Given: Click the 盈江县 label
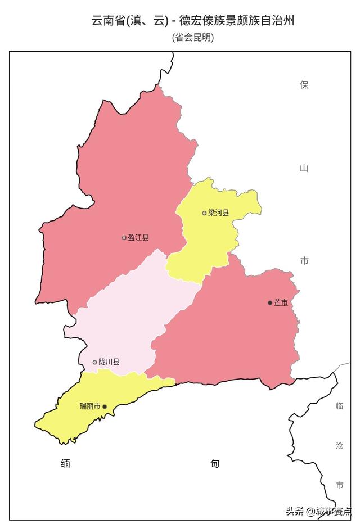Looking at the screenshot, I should coord(138,238).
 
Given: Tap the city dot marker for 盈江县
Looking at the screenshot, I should coord(124,238).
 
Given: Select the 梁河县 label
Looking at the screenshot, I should coord(219,213).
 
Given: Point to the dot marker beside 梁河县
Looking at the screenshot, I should coord(205,213).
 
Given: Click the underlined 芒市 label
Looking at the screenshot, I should coord(281,302).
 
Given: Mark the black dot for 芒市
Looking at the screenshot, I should coord(270,302).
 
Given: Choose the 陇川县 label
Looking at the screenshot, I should coord(109,362).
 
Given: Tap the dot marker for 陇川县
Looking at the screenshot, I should coord(95,362).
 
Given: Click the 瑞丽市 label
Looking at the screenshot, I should coord(90,406).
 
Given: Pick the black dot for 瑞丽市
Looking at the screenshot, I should coord(105,406).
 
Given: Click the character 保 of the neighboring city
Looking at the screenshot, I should coord(304,85).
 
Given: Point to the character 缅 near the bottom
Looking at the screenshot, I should coord(66,464).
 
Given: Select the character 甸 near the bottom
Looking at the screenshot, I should coord(215,464).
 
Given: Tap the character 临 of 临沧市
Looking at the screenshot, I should coord(339,406).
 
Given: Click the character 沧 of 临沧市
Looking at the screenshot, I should coord(339,445).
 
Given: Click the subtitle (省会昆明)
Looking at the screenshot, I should coord(193,38).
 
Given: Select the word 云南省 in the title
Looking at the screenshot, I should coord(108,21).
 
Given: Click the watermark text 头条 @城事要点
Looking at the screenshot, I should coord(318,511).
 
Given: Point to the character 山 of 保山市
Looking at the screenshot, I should coord(304,168).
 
